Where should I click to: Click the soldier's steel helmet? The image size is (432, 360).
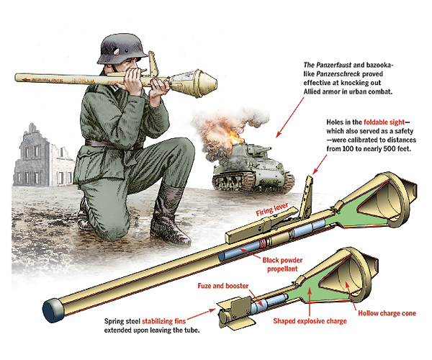[x=121, y=49]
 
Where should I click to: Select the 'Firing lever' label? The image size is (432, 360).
[x=272, y=210]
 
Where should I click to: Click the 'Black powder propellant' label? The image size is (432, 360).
[x=282, y=264]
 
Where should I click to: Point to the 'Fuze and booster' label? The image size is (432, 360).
[x=223, y=286]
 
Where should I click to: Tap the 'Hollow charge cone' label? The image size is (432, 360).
[x=387, y=313]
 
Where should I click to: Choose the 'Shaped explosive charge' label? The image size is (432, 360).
[x=310, y=321]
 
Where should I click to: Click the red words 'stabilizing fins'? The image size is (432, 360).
[x=164, y=321]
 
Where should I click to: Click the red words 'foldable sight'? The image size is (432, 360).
[x=384, y=122]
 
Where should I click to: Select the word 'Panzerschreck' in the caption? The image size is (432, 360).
[x=338, y=74]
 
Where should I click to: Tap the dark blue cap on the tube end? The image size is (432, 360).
[x=53, y=310]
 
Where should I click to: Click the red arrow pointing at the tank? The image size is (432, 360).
[x=290, y=117]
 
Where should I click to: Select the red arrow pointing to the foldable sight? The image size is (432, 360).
[x=320, y=164]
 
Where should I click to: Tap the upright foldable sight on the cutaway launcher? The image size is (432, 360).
[x=307, y=197]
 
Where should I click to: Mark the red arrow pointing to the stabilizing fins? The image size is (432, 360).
[x=202, y=314]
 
